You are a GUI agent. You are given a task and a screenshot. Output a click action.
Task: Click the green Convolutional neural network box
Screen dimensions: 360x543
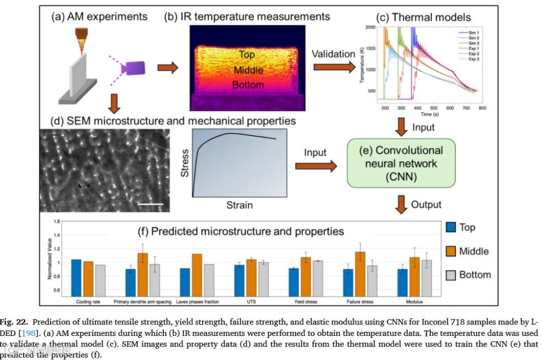tap(401, 163)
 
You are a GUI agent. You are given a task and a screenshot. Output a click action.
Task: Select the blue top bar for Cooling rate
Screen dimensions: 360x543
tap(76, 277)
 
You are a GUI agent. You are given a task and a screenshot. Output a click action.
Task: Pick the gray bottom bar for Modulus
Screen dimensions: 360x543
tap(426, 277)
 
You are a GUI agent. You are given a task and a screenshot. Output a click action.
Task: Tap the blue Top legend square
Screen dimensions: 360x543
tap(450, 227)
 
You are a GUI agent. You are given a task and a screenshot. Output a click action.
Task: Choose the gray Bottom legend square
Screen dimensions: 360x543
tap(450, 275)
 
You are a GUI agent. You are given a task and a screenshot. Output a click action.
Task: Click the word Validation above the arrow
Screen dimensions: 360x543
tap(334, 54)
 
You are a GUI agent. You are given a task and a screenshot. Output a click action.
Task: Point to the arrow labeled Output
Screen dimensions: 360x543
tap(401, 205)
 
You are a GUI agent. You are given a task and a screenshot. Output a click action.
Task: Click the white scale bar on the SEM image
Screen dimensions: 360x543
tap(148, 204)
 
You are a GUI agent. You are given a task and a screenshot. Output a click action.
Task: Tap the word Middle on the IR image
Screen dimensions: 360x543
tap(248, 69)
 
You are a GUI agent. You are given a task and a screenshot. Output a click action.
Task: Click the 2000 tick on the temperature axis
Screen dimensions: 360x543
tap(371, 27)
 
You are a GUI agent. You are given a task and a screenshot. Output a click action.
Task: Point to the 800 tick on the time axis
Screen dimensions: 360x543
tap(482, 108)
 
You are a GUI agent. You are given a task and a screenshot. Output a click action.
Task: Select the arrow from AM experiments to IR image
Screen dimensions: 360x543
tap(168, 68)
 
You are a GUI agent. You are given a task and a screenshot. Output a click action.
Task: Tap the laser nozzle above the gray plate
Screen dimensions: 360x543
tap(80, 36)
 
